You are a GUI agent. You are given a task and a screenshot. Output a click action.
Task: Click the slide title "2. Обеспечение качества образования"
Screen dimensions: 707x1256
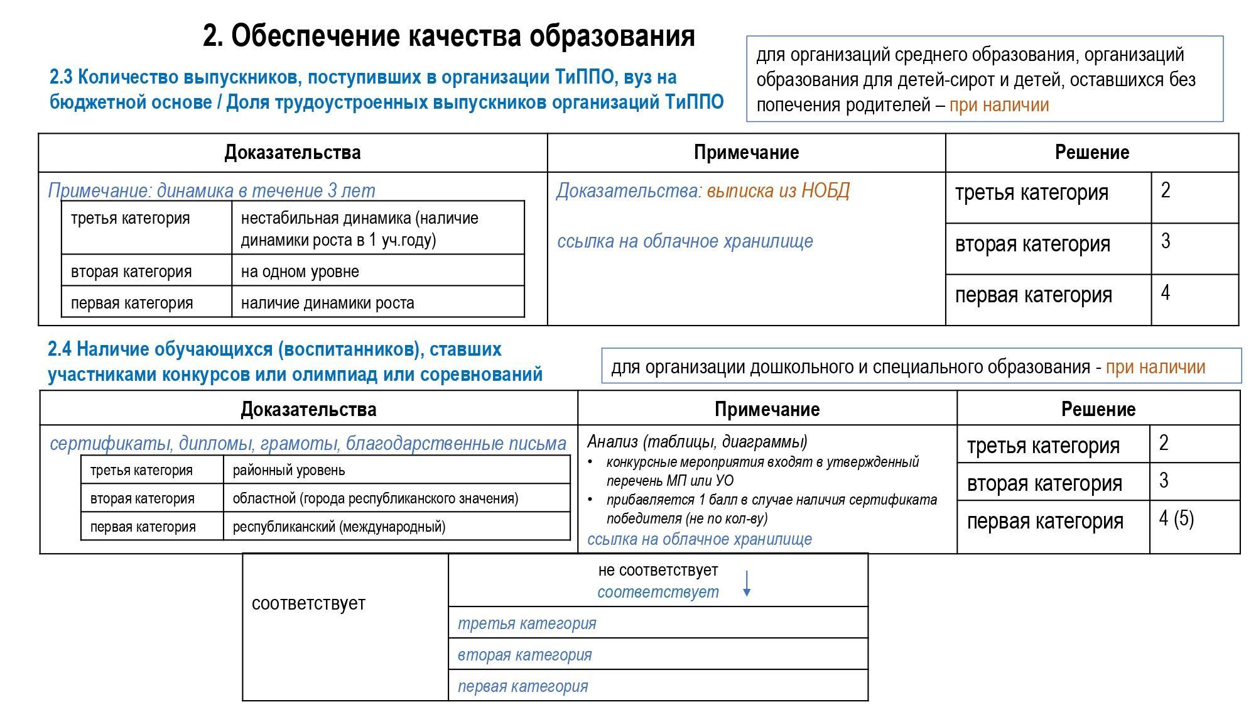[x=448, y=36]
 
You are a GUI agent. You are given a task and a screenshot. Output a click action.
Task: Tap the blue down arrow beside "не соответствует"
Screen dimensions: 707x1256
[x=747, y=584]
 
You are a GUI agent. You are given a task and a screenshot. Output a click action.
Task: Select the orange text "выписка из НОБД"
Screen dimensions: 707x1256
[x=778, y=190]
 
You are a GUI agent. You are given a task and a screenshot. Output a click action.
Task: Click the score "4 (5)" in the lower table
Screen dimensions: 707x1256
[x=1176, y=518]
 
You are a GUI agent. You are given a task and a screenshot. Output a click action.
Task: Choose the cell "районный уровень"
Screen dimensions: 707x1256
[x=289, y=470]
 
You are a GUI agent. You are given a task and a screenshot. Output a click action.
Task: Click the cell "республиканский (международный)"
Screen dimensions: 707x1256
[x=339, y=527]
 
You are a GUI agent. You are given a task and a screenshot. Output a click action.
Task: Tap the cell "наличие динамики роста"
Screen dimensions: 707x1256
[x=327, y=303]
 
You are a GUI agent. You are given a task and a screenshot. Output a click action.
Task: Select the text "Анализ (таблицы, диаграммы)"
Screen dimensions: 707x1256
[x=697, y=441]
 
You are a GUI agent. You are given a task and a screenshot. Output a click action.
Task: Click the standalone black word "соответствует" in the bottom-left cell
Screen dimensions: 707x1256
[x=308, y=603]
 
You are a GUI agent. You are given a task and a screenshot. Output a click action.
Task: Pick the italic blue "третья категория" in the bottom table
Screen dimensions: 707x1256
[x=527, y=623]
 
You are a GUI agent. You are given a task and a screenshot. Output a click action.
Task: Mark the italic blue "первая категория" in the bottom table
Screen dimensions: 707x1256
[x=522, y=686]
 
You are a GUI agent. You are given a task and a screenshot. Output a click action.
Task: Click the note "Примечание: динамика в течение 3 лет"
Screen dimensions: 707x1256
[x=212, y=190]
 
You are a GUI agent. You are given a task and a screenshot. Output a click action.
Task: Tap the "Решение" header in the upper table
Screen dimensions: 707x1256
[x=1091, y=152]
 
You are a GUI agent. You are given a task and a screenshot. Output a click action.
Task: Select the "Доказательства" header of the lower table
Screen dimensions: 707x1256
[x=308, y=409]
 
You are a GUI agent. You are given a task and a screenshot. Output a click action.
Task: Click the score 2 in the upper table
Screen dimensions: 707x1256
[x=1166, y=190]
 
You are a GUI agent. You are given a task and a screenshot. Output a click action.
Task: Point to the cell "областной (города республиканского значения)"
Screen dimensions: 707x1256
[x=376, y=498]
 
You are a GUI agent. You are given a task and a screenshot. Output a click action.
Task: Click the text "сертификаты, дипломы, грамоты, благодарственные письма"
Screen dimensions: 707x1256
[x=308, y=444]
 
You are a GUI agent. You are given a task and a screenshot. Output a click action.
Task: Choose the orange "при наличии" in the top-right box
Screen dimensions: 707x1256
[x=999, y=104]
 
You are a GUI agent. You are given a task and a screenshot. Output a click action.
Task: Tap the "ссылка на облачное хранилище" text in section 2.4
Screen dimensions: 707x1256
[x=700, y=539]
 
